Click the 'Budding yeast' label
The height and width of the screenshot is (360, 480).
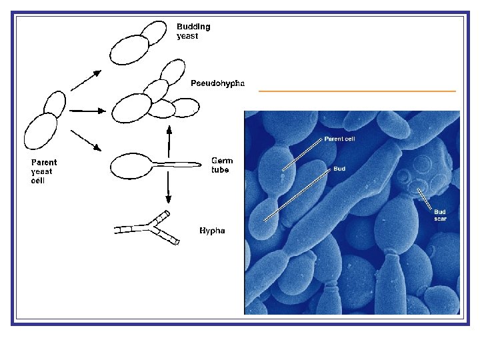[x=193, y=31]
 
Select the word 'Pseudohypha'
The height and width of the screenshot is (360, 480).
[x=217, y=83]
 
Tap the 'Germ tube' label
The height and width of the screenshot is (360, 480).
[x=222, y=165]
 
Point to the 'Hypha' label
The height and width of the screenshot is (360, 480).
[x=212, y=231]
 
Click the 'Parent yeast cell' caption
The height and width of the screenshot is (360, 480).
[x=44, y=171]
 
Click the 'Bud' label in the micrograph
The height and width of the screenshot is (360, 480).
[x=339, y=169]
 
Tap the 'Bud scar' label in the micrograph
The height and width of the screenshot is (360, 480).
[x=440, y=215]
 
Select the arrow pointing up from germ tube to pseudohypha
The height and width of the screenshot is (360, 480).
[x=168, y=139]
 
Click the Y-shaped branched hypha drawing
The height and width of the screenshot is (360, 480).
[x=150, y=228]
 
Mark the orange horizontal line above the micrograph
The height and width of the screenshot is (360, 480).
[x=357, y=91]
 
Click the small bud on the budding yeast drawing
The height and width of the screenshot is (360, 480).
[x=155, y=33]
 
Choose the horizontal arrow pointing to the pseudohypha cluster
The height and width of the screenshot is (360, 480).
[x=83, y=111]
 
